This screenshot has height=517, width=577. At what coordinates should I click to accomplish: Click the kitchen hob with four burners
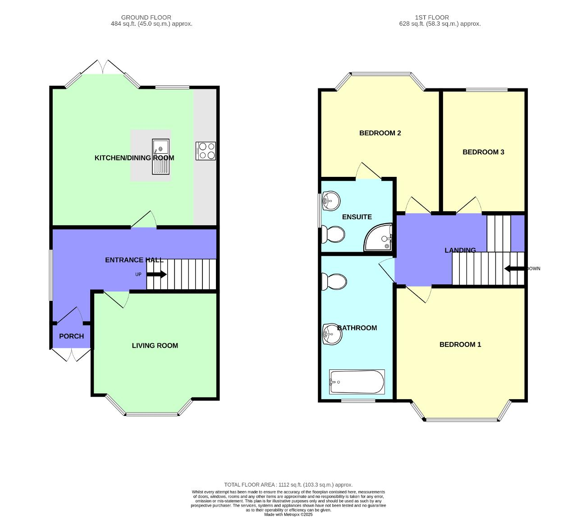(x=206, y=151)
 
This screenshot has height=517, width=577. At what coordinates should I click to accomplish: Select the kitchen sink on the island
(x=160, y=156)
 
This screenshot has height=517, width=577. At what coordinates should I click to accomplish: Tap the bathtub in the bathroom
(x=357, y=382)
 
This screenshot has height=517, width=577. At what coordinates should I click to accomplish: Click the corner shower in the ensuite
(x=380, y=238)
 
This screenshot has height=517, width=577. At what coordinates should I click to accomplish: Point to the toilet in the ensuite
(x=334, y=234)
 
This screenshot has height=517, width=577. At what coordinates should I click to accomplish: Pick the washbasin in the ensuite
(x=331, y=200)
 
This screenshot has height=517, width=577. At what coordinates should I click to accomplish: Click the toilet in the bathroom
(x=334, y=282)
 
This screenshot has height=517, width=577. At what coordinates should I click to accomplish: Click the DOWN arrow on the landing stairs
(x=514, y=269)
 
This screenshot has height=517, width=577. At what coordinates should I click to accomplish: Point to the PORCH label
(x=71, y=336)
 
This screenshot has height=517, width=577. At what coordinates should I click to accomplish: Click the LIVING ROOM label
(x=155, y=346)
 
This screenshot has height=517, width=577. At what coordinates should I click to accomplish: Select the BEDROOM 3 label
(x=483, y=152)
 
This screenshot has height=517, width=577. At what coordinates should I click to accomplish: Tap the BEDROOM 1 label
(x=460, y=345)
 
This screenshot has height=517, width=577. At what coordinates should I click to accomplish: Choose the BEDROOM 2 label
(x=380, y=133)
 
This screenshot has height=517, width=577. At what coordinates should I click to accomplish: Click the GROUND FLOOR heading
(x=146, y=18)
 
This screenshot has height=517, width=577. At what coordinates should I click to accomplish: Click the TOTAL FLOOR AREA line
(x=288, y=485)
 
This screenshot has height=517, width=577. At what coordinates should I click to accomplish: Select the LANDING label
(x=460, y=250)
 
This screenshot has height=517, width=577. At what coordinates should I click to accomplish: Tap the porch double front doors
(x=71, y=355)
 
